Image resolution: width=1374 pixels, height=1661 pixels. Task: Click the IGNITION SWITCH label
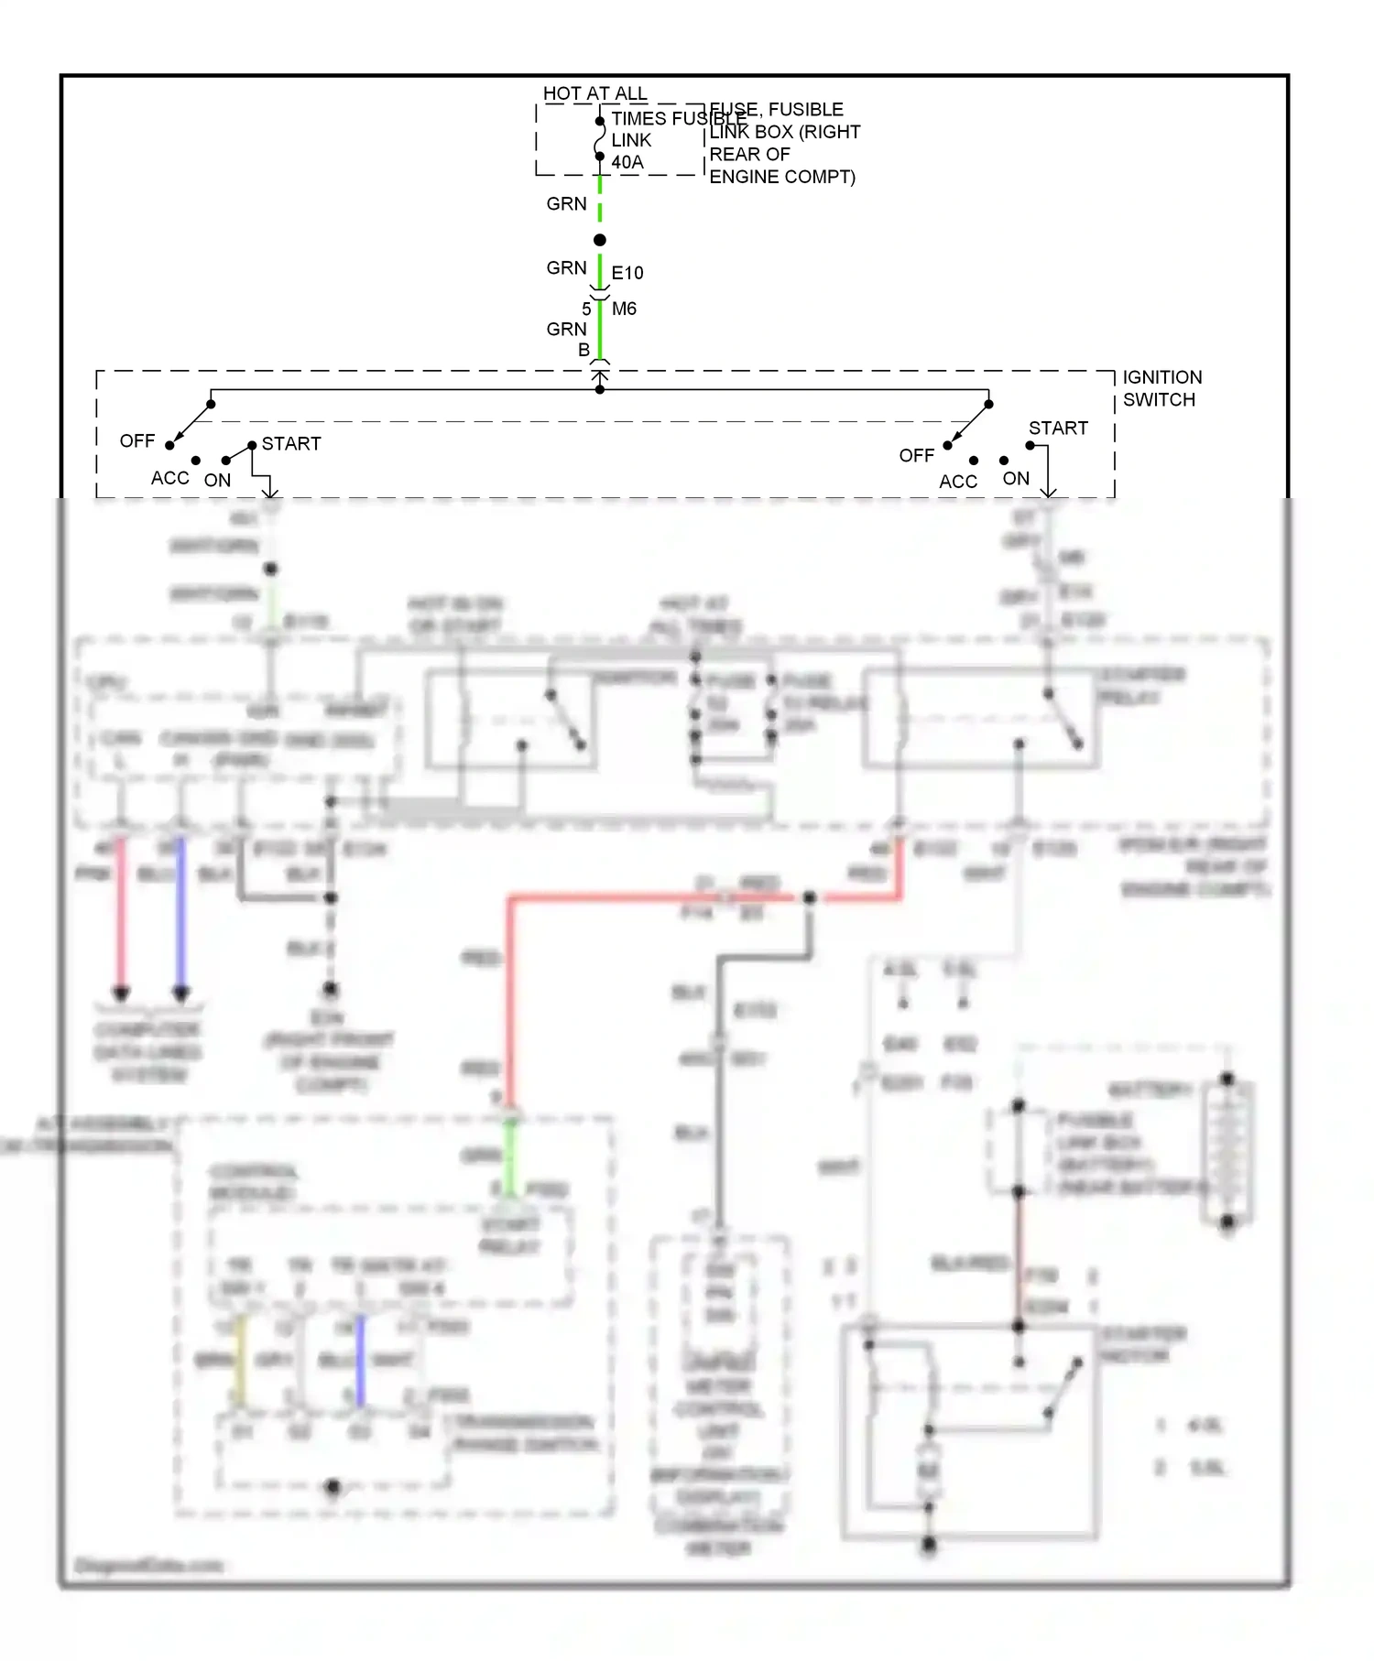coord(1161,388)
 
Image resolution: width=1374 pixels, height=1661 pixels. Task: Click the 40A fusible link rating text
coord(627,162)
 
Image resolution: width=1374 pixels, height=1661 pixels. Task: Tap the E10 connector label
coord(627,273)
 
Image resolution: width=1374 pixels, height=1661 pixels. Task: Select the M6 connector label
coord(624,309)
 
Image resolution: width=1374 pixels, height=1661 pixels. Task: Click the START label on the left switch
coord(291,443)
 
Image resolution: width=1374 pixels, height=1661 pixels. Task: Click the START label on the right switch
coord(1058,428)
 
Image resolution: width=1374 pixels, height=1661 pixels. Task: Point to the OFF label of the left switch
coord(137,440)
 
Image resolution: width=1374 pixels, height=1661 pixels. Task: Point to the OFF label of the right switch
coord(916,455)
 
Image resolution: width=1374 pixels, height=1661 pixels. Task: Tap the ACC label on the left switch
coord(170,478)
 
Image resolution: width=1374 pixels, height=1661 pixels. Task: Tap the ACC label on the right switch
coord(958,482)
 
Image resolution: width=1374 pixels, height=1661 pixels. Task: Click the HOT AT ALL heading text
coord(594,93)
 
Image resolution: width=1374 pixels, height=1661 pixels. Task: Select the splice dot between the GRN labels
coord(600,240)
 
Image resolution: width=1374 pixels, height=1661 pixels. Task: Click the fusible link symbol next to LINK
coord(600,139)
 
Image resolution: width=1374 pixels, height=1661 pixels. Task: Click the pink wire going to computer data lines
coord(120,916)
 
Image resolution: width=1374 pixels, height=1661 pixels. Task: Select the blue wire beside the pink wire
coord(180,916)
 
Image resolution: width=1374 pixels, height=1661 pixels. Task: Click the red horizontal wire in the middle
coord(641,899)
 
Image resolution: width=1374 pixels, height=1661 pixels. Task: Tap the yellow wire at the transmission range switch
coord(240,1360)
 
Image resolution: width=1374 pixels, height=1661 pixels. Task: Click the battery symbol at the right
coord(1227,1149)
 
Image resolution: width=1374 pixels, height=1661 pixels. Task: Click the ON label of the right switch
coord(1016,478)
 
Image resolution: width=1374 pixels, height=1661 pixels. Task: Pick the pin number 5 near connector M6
coord(586,309)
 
